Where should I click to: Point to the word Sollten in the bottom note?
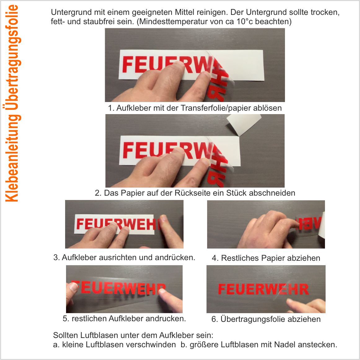click(65, 335)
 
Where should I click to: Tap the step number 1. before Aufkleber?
click(111, 108)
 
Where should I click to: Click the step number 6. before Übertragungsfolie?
click(215, 319)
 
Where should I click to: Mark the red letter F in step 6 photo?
click(222, 289)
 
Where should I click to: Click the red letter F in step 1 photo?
click(128, 64)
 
